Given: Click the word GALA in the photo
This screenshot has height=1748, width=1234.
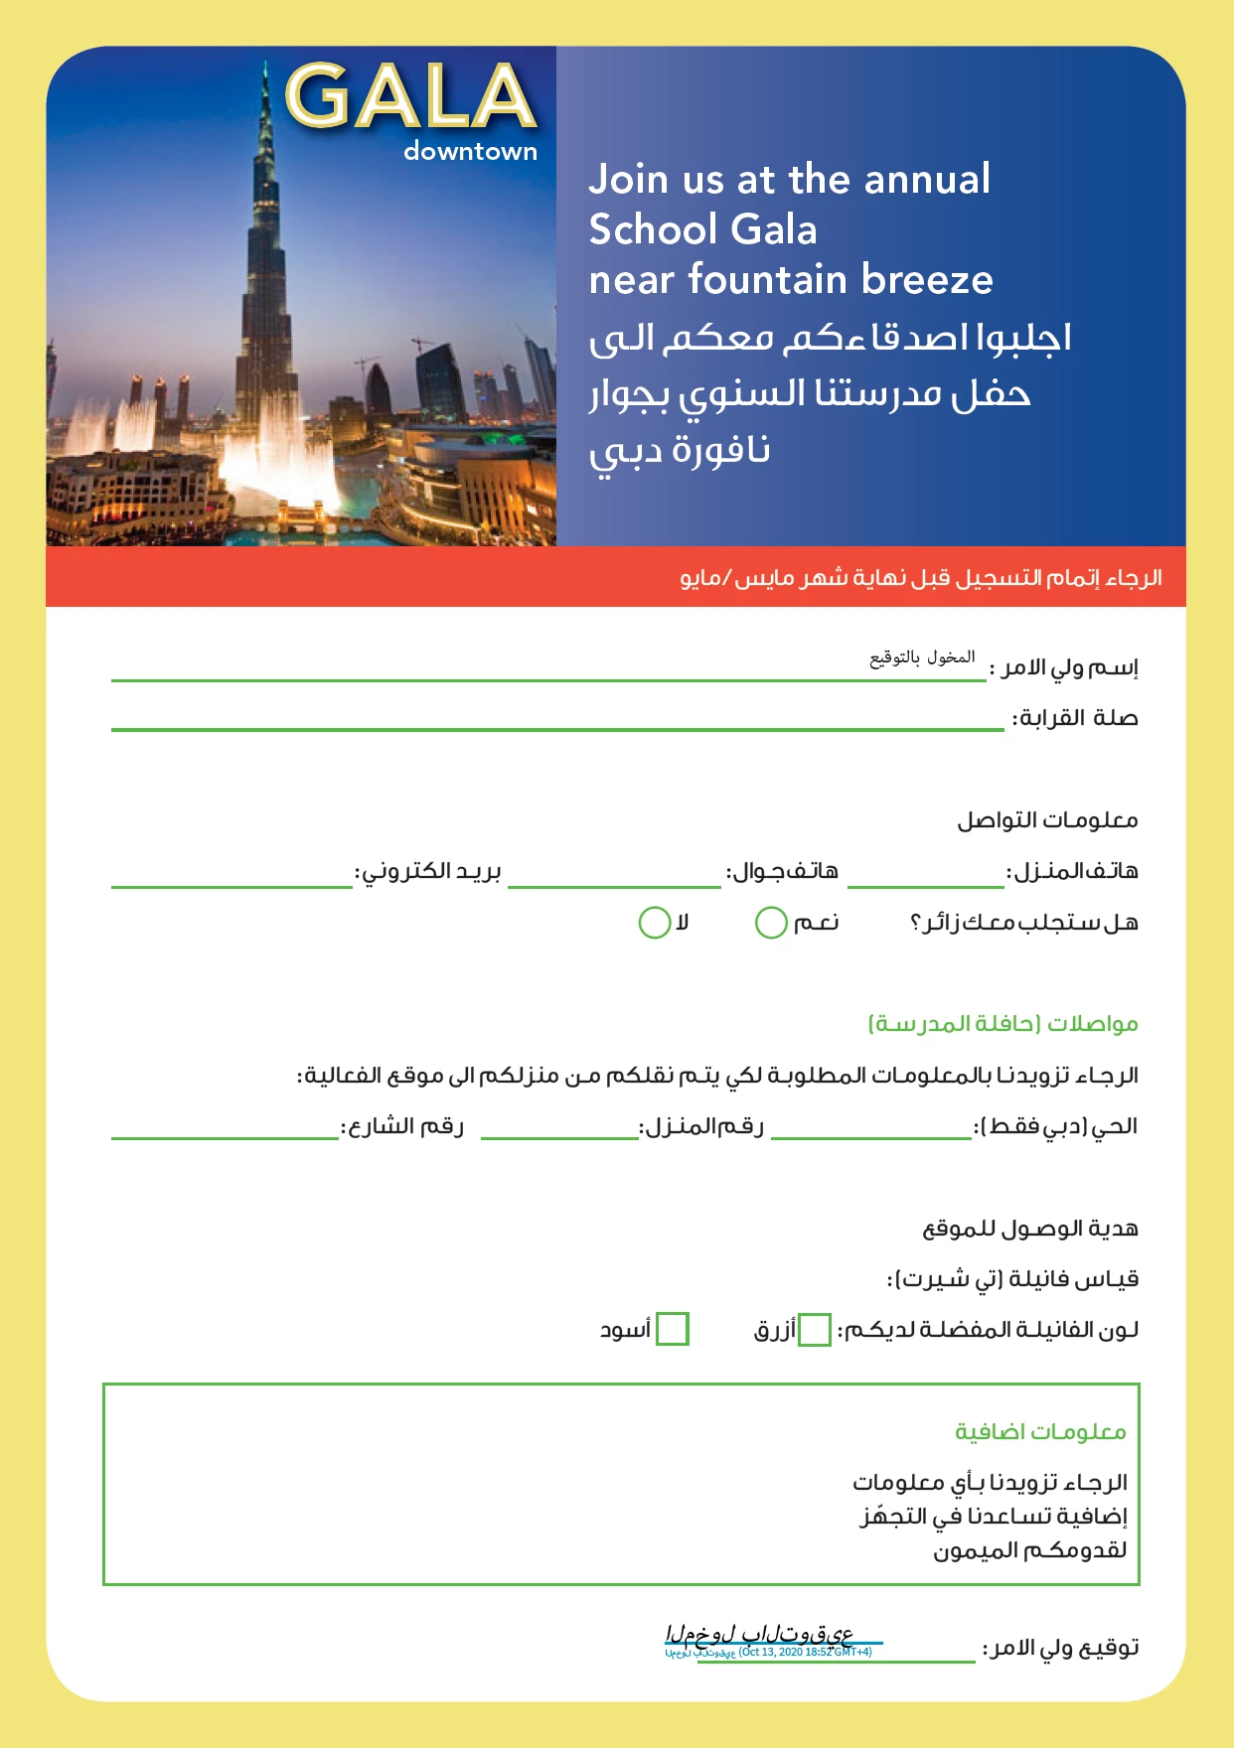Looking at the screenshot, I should pos(410,96).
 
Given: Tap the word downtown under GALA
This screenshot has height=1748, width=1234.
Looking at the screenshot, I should pos(470,152).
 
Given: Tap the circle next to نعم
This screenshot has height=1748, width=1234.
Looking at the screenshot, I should pos(771,923).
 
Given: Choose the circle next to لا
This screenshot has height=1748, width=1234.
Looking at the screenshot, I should pos(654,923).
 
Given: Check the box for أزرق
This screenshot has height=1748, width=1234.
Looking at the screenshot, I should pos(815,1330).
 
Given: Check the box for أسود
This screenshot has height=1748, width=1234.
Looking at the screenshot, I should pos(673,1330).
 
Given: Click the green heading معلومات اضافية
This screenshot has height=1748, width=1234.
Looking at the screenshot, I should pos(1040,1432).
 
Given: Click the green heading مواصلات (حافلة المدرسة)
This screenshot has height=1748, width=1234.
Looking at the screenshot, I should pos(1003,1024).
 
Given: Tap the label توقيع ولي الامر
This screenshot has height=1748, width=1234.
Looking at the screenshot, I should pos(1061,1648).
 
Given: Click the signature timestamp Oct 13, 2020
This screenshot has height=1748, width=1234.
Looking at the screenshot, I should pos(805,1652).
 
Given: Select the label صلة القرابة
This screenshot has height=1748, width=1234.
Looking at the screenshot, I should pos(1075,718).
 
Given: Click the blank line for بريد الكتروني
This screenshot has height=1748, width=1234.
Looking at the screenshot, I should pos(231,880).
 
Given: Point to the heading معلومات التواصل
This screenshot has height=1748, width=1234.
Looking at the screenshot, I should pos(1047,820).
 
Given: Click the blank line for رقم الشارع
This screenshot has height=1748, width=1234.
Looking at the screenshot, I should pos(225,1132).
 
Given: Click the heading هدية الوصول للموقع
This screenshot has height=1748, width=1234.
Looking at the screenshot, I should pos(1030,1230).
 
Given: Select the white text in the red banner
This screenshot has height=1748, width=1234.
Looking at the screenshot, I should pos(921,578).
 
